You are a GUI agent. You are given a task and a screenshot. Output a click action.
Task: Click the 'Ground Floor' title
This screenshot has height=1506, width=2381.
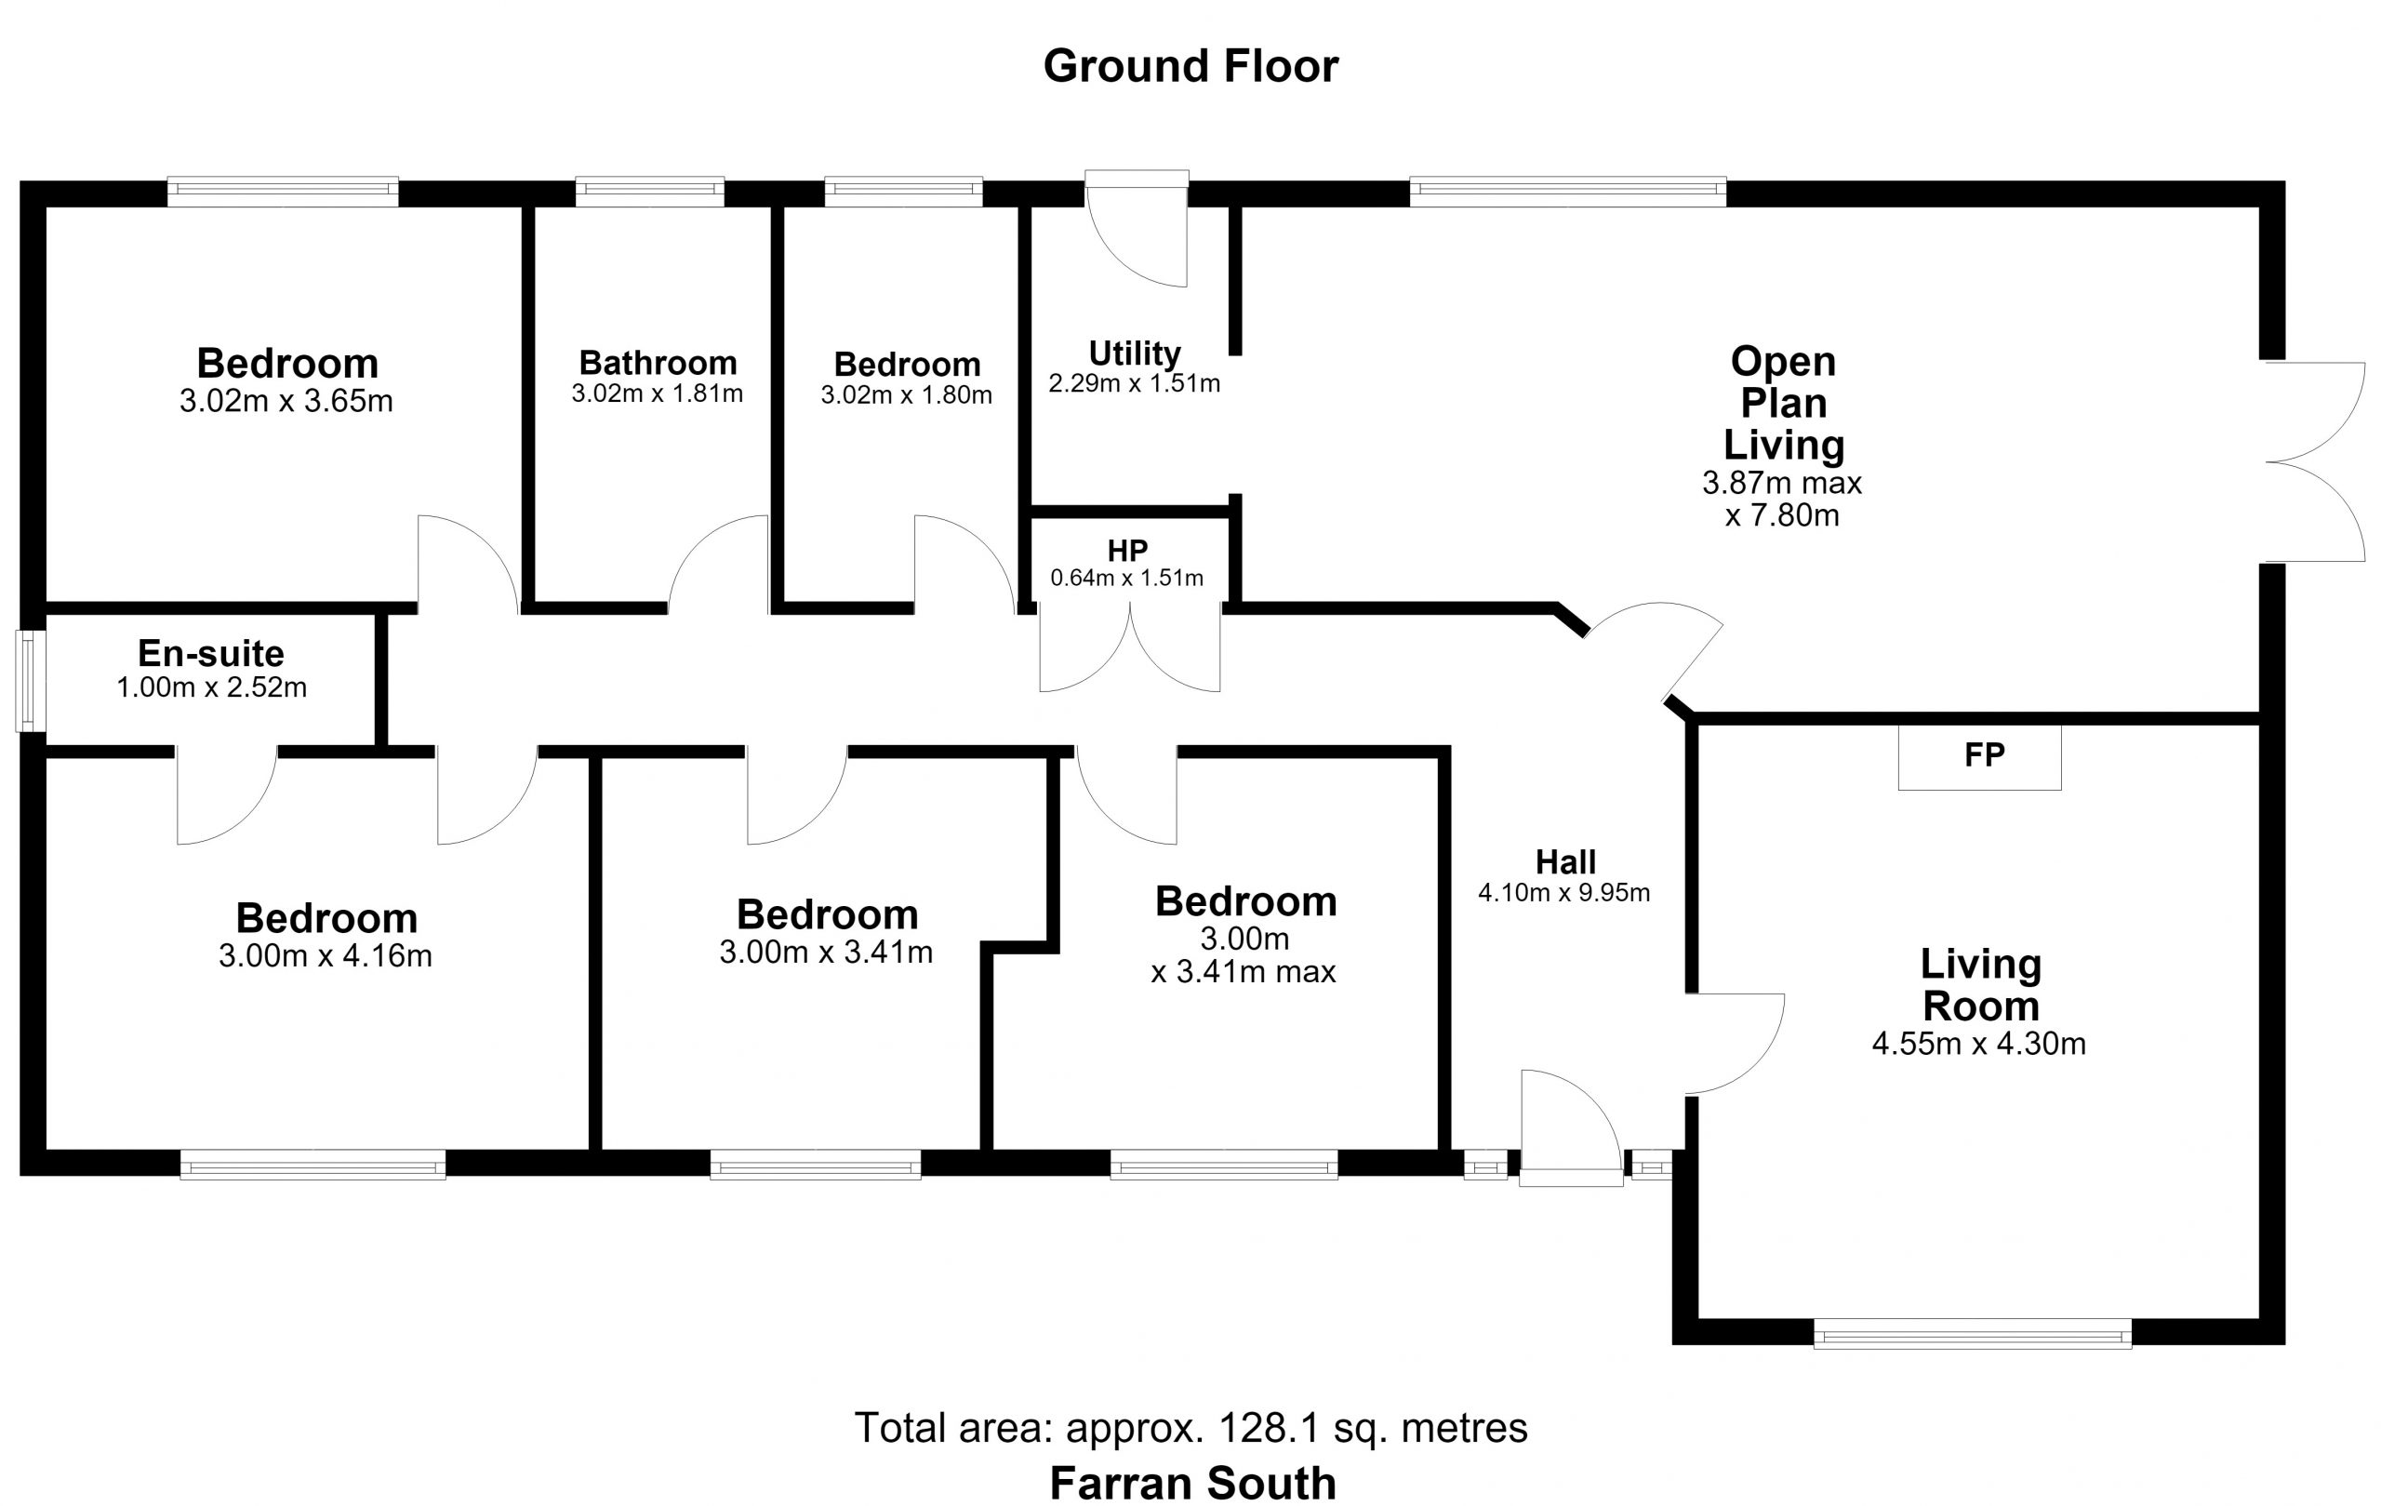(x=1190, y=66)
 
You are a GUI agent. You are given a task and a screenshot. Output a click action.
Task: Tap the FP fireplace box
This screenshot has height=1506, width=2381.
(x=1979, y=756)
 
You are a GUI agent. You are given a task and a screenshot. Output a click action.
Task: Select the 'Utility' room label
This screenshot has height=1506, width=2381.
(x=1134, y=353)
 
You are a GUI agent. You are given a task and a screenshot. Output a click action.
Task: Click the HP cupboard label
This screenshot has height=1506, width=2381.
(x=1127, y=551)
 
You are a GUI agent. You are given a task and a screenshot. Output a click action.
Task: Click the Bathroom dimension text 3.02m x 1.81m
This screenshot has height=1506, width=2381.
(x=658, y=393)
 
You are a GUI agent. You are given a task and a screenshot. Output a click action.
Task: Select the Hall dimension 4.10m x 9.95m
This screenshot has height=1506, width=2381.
(x=1564, y=893)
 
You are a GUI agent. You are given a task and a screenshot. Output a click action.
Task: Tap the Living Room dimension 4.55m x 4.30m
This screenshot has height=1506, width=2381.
(x=1979, y=1044)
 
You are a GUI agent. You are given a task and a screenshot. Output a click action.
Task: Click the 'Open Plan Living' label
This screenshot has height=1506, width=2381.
(x=1783, y=404)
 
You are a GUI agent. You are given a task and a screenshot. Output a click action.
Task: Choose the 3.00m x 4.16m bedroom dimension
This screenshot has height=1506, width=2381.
(x=326, y=956)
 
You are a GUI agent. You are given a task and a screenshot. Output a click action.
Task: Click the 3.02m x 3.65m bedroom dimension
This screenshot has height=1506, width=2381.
(x=286, y=401)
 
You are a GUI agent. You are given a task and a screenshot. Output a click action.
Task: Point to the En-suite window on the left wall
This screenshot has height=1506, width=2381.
(x=31, y=681)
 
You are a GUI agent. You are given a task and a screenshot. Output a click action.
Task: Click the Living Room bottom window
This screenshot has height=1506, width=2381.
(x=1973, y=1333)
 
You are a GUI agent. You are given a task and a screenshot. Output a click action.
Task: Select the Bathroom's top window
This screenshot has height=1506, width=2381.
(x=649, y=191)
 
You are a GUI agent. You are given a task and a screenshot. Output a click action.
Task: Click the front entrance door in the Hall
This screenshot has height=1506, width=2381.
(x=1570, y=1127)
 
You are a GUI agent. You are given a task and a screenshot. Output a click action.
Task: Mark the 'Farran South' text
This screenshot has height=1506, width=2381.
(x=1192, y=1484)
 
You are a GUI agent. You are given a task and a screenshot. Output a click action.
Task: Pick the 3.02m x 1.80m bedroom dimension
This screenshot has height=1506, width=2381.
(x=907, y=394)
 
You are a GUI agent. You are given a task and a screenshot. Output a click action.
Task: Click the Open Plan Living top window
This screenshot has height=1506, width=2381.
(x=1568, y=191)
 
